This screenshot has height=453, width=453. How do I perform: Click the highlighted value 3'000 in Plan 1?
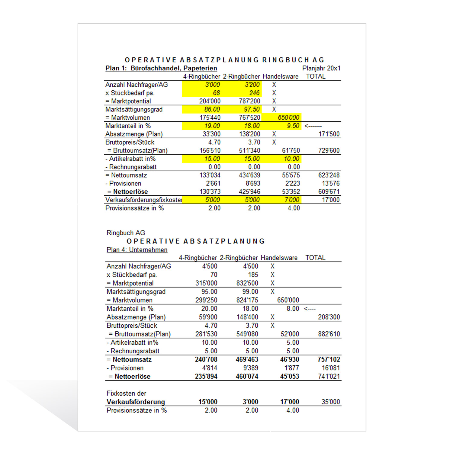point(213,85)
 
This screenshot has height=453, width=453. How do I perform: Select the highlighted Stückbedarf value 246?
point(254,93)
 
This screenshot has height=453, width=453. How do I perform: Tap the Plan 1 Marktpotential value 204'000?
point(210,101)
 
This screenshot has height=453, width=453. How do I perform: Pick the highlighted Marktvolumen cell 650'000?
point(288,117)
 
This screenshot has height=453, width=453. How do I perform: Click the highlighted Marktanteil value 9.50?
point(293,126)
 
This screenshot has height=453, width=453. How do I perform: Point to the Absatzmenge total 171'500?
point(329,134)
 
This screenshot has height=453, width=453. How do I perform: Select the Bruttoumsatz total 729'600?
point(329,150)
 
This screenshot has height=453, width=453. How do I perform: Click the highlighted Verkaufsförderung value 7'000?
point(292,200)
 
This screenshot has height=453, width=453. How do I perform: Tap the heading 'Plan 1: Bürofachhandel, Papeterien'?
point(161,68)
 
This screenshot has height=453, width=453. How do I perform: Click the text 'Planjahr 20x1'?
point(321,68)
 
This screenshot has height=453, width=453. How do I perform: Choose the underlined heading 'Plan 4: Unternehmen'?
point(137,250)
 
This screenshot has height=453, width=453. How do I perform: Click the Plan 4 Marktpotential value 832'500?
point(247,283)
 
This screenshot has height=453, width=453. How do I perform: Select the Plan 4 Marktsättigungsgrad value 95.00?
point(209,292)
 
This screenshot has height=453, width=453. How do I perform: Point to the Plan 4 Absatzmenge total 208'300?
point(329,317)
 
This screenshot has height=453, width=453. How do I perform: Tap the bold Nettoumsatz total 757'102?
point(329,359)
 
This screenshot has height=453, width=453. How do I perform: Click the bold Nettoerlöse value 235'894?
point(206,376)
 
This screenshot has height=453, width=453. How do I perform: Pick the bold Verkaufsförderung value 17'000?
point(289,402)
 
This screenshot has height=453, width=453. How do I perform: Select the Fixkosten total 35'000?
point(331,402)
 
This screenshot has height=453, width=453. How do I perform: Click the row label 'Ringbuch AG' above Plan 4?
point(126,233)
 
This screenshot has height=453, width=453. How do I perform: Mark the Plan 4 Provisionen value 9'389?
point(250,368)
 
